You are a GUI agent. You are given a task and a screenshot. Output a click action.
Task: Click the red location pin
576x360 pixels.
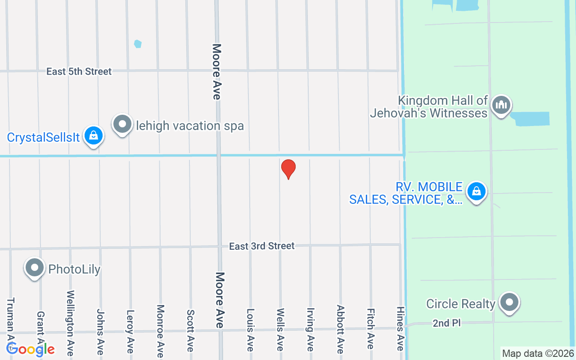coord(288,169)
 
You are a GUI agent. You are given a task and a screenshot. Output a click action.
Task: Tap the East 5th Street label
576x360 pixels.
coord(79,72)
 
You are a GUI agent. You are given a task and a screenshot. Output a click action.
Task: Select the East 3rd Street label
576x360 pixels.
coord(261,246)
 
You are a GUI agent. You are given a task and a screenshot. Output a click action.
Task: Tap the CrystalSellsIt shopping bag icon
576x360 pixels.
coord(94,135)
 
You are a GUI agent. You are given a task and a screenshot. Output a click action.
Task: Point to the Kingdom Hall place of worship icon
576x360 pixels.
coord(500,105)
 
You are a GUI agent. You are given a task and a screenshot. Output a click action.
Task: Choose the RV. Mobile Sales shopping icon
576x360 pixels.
coord(477,192)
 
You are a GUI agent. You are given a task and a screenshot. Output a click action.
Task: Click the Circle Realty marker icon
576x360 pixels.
coord(509,302)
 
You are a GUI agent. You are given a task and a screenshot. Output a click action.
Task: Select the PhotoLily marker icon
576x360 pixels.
coord(35,268)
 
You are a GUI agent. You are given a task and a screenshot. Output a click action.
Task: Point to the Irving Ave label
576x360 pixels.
coord(310,326)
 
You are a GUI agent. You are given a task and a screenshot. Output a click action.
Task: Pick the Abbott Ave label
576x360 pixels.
coord(340,329)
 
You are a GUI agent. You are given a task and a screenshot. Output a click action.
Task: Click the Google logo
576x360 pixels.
coord(31,349)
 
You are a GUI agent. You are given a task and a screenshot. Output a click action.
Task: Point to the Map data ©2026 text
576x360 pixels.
coord(538,354)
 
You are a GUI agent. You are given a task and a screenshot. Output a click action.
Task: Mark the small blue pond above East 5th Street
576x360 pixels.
coord(138,44)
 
